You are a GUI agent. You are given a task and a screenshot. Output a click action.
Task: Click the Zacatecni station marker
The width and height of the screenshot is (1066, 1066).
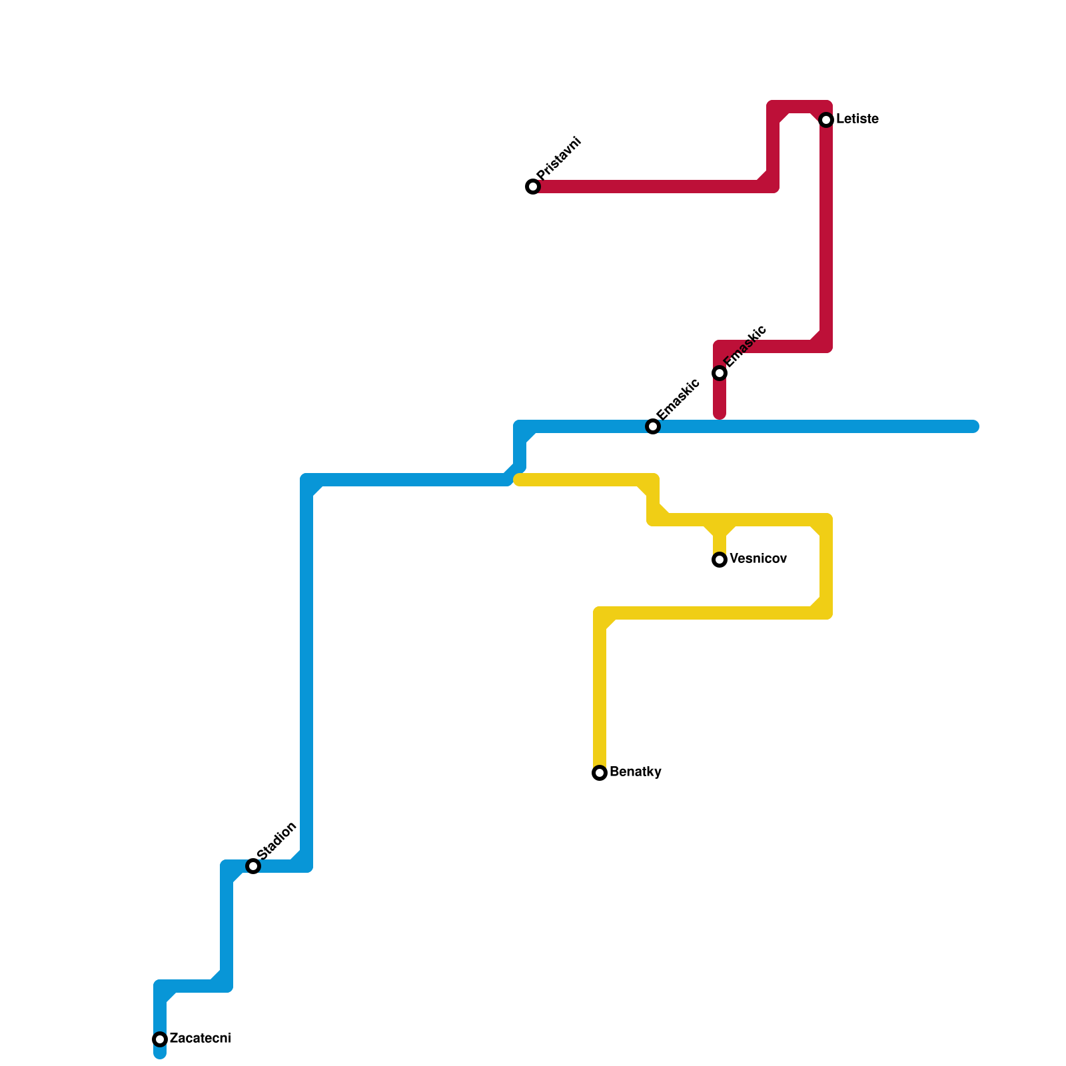coord(160,1039)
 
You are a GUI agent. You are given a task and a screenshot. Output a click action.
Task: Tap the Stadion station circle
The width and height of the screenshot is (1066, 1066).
coord(253,866)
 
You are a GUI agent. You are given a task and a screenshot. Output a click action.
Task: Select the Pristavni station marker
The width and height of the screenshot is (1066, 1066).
coord(533,187)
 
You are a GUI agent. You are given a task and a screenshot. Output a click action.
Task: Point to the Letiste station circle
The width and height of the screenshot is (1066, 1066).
coord(826,120)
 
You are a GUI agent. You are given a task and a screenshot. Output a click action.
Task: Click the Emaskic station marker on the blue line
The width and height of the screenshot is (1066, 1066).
coord(653,426)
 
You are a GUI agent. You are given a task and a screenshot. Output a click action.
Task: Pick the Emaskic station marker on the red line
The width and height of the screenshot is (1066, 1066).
coord(720,373)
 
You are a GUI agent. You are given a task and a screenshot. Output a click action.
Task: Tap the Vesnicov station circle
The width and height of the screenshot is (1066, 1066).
coord(720,560)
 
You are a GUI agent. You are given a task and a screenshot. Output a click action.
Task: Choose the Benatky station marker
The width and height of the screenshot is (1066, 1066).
coord(600,773)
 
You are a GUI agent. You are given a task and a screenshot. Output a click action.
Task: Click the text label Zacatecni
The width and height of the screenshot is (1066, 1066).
coord(200,1039)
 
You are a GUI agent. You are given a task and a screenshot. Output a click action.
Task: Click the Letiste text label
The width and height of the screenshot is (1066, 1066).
coord(857,119)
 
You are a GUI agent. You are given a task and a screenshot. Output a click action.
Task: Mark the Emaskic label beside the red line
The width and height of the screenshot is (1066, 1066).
coord(745,346)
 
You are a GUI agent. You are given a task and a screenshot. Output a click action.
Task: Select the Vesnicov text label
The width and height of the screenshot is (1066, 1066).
coord(758,559)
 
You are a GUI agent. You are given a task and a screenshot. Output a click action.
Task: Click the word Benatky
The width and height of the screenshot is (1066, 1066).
coord(635,772)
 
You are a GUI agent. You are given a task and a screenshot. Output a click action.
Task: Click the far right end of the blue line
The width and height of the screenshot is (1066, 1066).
coord(974,426)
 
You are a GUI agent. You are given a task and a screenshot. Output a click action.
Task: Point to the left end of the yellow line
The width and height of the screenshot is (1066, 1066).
coord(519,480)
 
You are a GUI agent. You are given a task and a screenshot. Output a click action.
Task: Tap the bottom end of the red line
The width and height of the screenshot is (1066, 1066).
coord(720,415)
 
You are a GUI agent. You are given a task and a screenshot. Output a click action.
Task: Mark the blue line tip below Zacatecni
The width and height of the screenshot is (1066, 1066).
coord(160,1054)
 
